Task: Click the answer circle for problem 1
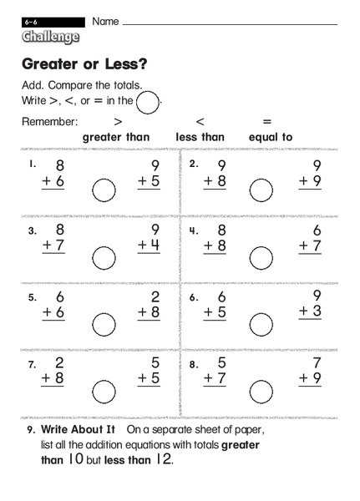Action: (x=104, y=192)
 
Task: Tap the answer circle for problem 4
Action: (x=262, y=259)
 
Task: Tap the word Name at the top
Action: (x=104, y=20)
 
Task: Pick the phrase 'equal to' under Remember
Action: (x=271, y=138)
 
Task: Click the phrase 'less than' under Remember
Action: (x=200, y=138)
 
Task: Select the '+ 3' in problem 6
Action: (x=310, y=311)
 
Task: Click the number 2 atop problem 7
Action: (x=59, y=363)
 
